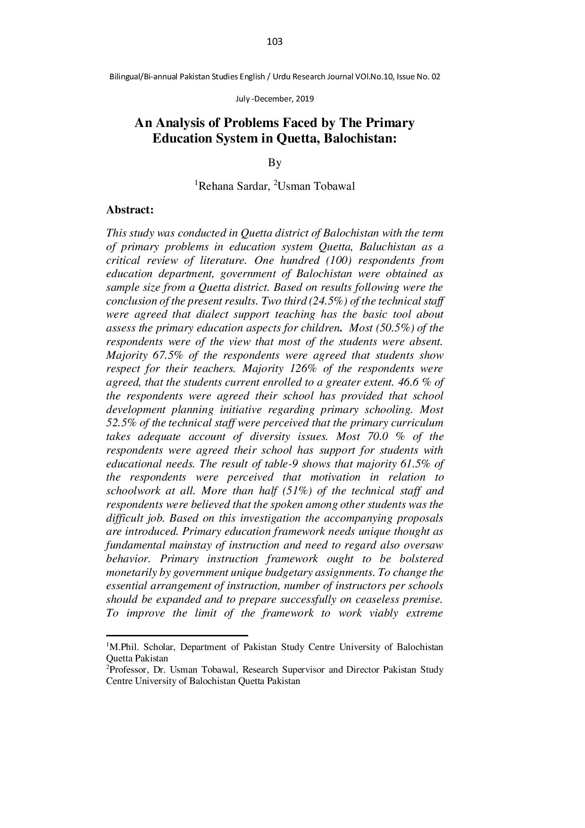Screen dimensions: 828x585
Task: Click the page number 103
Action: tap(275, 42)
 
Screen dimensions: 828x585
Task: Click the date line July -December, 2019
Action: tap(275, 99)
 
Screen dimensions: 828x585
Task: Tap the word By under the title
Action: tap(275, 163)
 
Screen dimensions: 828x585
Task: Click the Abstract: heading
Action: tap(130, 210)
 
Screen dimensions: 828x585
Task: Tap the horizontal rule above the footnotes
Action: tap(177, 635)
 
